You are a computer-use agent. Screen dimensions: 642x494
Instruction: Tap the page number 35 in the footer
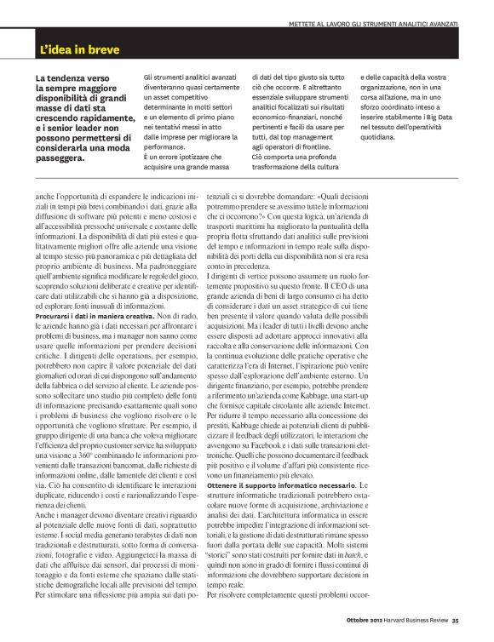pyautogui.click(x=456, y=631)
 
